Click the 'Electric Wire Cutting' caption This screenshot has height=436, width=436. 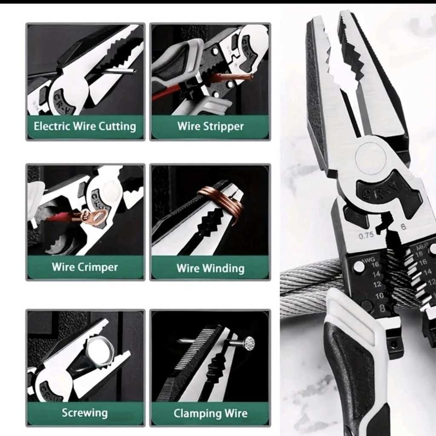85,126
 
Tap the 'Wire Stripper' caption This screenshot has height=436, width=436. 210,126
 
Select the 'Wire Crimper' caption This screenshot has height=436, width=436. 85,267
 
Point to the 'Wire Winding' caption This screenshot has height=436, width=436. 210,268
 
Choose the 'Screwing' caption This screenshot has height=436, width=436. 85,413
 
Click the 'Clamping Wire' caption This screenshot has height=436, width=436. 210,413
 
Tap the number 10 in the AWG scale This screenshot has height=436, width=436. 379,295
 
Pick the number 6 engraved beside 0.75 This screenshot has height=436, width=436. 403,227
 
